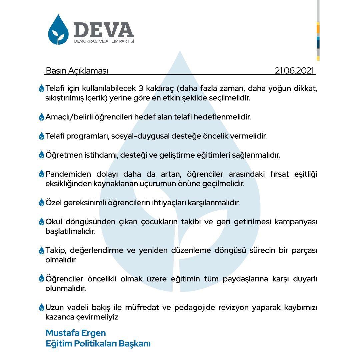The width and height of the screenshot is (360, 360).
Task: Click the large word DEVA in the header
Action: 104,30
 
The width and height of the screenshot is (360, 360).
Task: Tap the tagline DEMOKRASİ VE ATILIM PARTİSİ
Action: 104,41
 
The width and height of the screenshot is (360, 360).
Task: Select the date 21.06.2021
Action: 295,71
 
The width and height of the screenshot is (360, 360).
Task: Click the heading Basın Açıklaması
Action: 77,71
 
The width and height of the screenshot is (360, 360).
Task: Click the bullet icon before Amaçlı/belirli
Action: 41,117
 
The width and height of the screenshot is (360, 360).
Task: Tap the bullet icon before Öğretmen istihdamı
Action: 41,155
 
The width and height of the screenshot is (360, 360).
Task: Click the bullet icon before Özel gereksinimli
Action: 41,203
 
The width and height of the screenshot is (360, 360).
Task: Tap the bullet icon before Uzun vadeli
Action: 41,307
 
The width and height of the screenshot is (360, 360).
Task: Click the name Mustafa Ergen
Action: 76,333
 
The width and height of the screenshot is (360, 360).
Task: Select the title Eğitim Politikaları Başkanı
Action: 98,343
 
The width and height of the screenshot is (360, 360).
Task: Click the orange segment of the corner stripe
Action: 318,29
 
